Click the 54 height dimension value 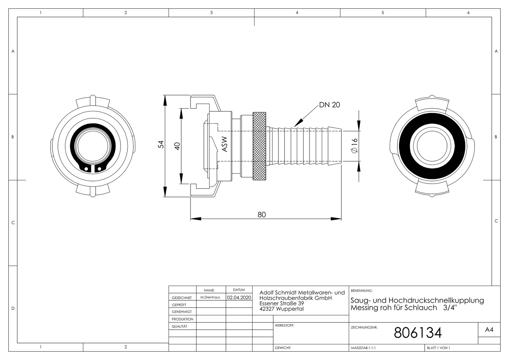(161, 144)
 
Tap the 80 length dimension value (262, 214)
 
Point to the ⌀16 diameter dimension (354, 146)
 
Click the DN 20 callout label (329, 105)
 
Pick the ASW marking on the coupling (225, 144)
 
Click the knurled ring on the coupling (259, 146)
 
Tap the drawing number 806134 (418, 333)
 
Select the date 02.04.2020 (239, 297)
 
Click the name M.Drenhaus (210, 297)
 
